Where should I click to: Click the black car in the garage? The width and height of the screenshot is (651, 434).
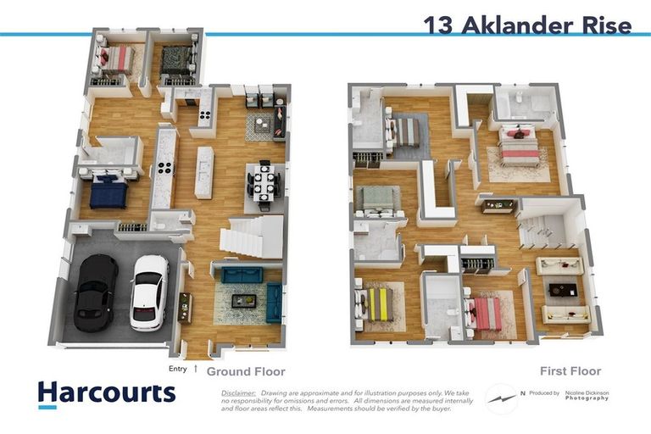click(95, 292)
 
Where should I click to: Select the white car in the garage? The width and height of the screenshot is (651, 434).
click(149, 292)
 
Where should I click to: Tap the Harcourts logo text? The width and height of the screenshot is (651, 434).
click(106, 393)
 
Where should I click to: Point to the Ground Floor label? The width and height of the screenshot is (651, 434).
click(246, 371)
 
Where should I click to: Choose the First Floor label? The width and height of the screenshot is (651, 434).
click(570, 371)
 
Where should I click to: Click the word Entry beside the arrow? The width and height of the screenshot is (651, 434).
click(178, 369)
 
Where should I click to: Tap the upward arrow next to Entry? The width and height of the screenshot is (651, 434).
click(197, 369)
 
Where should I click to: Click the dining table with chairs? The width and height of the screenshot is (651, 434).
click(262, 184)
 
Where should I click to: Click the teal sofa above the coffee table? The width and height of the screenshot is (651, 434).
click(242, 275)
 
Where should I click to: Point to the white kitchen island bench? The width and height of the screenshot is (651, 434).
click(204, 172)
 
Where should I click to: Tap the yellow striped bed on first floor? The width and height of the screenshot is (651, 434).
click(377, 303)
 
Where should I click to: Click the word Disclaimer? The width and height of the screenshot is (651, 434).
click(238, 393)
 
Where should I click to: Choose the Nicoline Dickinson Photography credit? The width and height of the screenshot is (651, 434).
click(588, 395)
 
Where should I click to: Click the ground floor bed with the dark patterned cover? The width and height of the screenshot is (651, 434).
click(178, 61)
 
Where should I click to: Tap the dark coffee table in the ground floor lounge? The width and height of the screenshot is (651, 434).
click(245, 299)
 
